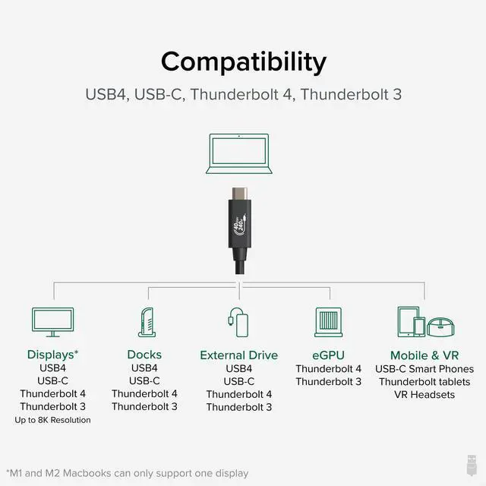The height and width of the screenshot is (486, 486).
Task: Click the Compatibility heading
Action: point(243,61)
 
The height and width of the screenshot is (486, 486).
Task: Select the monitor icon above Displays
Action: point(53,322)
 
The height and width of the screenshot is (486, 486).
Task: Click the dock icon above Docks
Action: point(147,322)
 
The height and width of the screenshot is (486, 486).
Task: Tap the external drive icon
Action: point(239,322)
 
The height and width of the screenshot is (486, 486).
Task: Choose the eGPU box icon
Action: point(328,322)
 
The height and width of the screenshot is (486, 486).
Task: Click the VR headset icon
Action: point(440,327)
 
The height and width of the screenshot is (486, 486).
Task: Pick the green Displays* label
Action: point(52,355)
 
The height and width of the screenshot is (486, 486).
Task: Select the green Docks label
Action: point(144,355)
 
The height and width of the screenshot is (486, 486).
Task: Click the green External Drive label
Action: point(238,355)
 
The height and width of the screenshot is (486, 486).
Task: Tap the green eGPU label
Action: point(328,355)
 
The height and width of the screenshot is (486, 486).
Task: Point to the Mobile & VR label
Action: point(424,355)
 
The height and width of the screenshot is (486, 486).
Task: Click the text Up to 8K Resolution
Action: point(52,420)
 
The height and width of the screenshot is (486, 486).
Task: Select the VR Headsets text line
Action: point(424,394)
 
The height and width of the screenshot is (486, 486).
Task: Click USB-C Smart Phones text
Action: point(424,368)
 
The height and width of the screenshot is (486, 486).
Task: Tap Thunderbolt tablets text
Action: point(424,381)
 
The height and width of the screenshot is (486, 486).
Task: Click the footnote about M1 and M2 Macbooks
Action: point(127,473)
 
